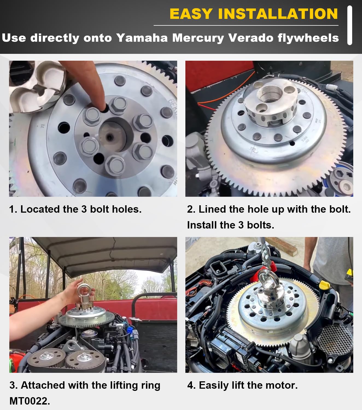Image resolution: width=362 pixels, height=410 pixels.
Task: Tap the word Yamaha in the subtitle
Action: point(142,38)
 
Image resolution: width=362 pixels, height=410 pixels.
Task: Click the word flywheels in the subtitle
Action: point(308,38)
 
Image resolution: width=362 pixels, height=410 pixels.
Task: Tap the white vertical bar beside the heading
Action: point(350,25)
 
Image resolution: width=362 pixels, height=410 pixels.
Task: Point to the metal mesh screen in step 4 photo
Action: point(334,340)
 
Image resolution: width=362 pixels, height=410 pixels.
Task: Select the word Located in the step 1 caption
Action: point(40,209)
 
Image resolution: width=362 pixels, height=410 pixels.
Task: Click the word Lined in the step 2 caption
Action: point(212,209)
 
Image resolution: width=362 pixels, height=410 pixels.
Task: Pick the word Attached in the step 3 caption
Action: point(43,385)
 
